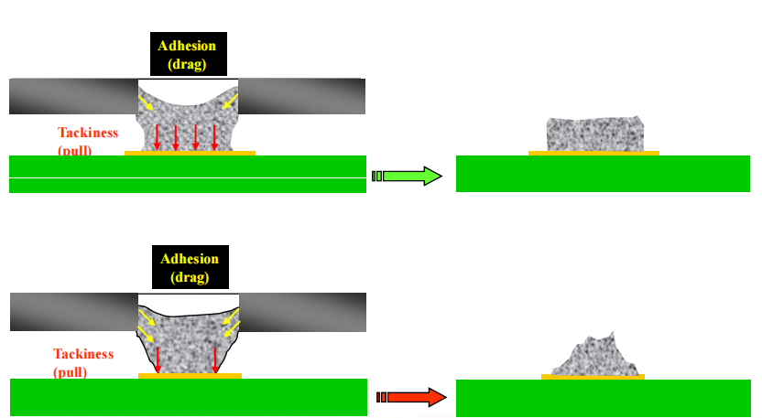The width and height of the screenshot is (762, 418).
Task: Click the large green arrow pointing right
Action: (408, 176)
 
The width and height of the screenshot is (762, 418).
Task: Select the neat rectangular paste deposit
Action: (593, 134)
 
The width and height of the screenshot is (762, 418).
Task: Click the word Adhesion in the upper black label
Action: (189, 47)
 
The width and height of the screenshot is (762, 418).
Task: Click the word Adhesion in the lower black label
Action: (190, 259)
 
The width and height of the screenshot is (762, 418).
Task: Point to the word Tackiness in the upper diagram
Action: (89, 132)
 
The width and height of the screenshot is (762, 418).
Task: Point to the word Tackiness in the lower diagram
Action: (83, 354)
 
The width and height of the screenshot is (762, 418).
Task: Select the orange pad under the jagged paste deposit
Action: (593, 377)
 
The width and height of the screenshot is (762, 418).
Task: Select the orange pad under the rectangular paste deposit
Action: (593, 153)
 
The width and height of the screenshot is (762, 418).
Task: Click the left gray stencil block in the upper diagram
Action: (73, 96)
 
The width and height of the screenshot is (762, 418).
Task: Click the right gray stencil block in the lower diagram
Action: (302, 311)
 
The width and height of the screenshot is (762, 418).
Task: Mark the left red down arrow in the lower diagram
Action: (158, 359)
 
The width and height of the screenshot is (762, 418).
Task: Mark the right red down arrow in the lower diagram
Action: (214, 359)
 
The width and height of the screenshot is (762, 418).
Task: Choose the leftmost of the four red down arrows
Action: (158, 135)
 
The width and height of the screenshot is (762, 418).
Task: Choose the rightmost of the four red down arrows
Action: (214, 135)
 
